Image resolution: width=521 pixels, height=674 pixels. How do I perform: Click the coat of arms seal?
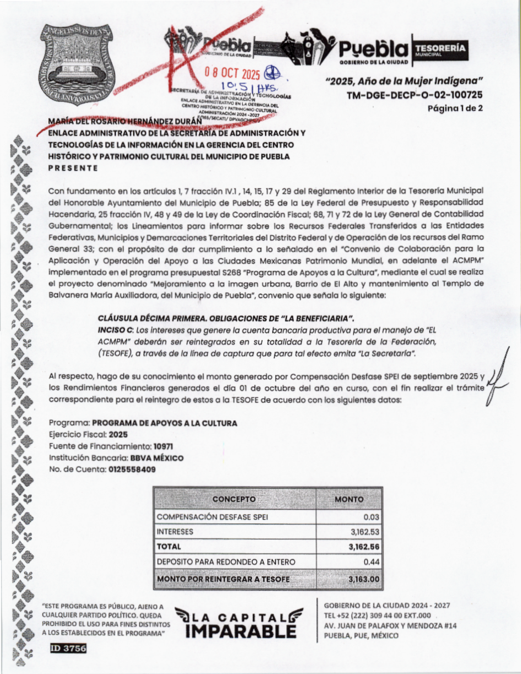tap(77, 65)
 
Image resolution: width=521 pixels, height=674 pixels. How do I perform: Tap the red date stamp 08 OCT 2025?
tap(232, 74)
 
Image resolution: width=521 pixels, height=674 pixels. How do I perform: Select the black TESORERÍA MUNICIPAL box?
tap(440, 49)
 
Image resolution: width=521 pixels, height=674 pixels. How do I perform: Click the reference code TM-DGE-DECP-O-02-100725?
tap(414, 95)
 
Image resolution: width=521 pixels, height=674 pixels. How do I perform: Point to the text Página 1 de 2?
tap(455, 108)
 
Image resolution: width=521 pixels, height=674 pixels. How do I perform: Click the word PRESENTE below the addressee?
tap(73, 168)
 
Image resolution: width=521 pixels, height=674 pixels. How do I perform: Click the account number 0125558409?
tap(132, 469)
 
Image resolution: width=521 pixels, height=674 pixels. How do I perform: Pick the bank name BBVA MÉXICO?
tap(157, 458)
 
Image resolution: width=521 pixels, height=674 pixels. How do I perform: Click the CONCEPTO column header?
tap(234, 499)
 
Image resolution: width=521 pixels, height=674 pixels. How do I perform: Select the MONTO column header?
tap(349, 499)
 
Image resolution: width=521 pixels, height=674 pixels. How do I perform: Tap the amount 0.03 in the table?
tap(371, 517)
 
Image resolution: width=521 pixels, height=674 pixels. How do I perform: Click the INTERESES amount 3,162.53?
tap(364, 532)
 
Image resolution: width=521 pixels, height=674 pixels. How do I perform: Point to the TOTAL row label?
tap(169, 547)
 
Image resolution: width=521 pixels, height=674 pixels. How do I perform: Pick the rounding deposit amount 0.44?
tap(371, 562)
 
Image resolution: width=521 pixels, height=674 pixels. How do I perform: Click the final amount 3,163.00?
tap(364, 579)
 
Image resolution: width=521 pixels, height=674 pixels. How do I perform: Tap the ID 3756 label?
tap(68, 648)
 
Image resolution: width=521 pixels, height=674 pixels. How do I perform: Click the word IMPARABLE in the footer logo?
tap(241, 632)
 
